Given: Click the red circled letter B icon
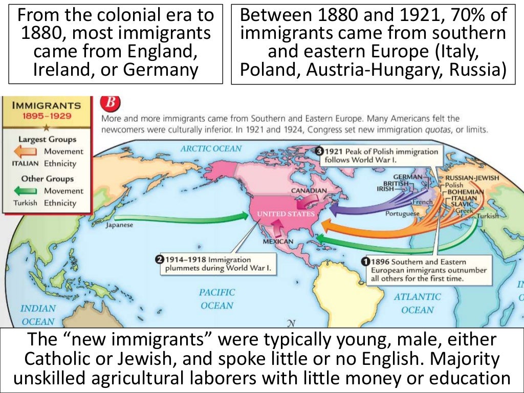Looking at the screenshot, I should click(x=110, y=102).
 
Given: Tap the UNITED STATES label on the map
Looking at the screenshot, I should click(x=286, y=213).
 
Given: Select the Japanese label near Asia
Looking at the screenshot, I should click(x=119, y=225).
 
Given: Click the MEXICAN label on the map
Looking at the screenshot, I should click(x=278, y=241).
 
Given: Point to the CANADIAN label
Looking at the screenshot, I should click(x=309, y=190).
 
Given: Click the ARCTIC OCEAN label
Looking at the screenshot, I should click(x=210, y=148).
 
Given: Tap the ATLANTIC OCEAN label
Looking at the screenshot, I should click(x=417, y=303).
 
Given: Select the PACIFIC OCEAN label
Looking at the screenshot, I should click(x=217, y=299).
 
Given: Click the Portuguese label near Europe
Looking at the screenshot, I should click(x=402, y=213).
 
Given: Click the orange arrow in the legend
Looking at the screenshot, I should click(x=25, y=151).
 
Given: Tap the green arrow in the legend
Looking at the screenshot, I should click(x=25, y=191).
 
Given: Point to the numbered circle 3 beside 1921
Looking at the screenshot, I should click(x=319, y=151).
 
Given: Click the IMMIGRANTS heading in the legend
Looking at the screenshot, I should click(x=46, y=105).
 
